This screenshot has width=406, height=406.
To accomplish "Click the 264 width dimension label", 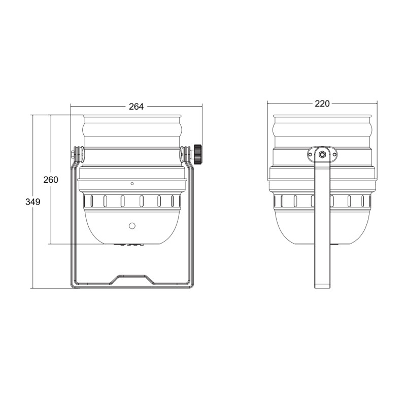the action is tap(136, 107).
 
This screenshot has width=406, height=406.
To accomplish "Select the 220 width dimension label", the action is tap(322, 104).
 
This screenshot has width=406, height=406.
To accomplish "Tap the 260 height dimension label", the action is tap(51, 180).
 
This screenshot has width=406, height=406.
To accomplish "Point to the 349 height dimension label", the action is tap(33, 201).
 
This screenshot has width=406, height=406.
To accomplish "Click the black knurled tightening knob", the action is tap(198, 155).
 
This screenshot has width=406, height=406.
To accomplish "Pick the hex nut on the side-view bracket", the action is tap(322, 155).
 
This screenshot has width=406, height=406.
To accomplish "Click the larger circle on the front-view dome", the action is tap(132, 226).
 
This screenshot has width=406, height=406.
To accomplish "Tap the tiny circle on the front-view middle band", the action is tap(132, 184).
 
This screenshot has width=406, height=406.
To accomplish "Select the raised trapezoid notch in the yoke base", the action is tap(132, 280).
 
